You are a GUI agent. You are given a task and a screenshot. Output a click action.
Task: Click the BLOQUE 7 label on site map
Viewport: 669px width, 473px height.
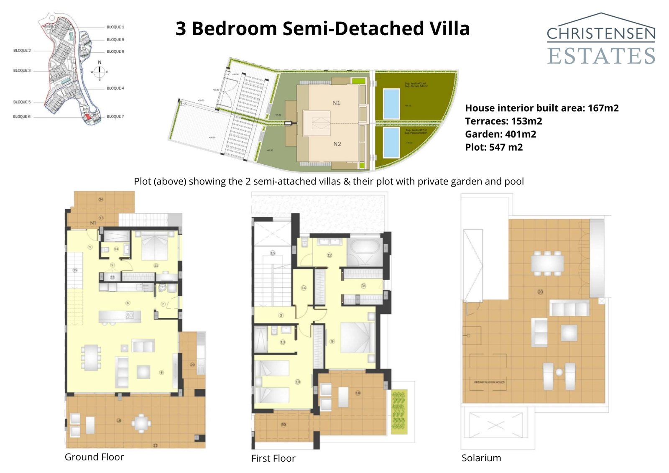click(115, 117)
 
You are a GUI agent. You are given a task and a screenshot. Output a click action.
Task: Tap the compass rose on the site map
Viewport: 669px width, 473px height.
click(100, 72)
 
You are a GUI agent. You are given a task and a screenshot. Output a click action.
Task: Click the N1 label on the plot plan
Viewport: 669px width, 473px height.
click(337, 103)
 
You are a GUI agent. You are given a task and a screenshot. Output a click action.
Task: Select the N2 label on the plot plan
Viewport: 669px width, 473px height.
click(337, 144)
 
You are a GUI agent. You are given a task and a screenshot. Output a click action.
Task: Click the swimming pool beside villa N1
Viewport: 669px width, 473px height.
click(391, 104)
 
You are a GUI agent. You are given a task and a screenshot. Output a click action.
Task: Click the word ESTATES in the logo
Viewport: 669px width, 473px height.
click(601, 56)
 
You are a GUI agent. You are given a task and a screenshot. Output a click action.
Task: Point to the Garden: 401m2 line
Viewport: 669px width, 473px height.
click(500, 134)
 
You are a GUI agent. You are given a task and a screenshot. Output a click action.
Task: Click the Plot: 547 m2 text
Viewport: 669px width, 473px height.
click(494, 147)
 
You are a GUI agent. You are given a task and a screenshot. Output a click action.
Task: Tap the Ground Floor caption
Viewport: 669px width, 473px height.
click(94, 457)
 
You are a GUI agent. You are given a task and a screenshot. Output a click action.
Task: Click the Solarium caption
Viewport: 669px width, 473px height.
click(481, 458)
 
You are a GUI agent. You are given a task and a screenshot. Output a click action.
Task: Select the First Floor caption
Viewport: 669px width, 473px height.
click(273, 458)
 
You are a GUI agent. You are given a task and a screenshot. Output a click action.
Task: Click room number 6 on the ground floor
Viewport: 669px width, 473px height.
click(128, 303)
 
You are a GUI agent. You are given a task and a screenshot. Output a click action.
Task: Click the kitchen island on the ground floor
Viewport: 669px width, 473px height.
click(116, 317)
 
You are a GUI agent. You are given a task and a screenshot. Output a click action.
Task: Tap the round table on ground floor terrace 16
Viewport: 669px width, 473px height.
click(142, 423)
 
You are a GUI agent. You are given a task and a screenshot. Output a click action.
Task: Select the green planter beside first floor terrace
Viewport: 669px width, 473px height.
click(399, 412)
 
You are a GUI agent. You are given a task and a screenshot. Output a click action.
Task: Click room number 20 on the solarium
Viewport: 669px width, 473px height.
click(540, 292)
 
